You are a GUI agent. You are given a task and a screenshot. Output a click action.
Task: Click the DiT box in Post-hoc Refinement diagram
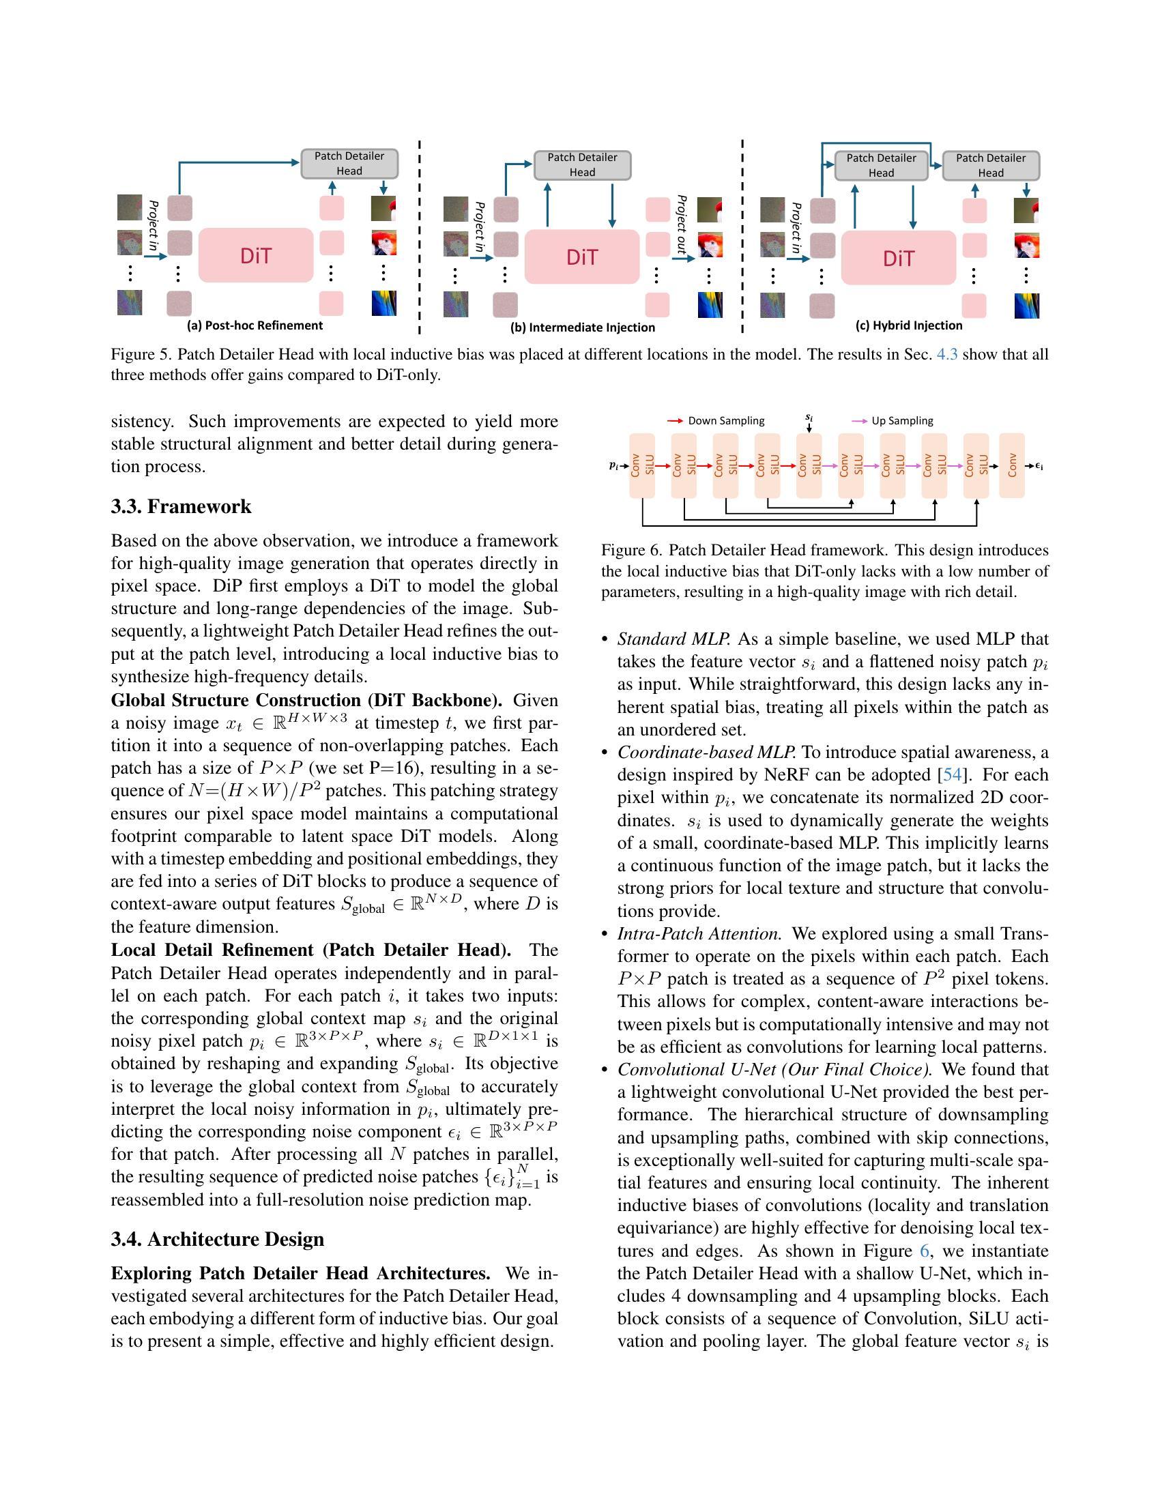point(256,256)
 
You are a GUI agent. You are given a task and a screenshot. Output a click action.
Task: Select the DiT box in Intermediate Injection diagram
point(581,257)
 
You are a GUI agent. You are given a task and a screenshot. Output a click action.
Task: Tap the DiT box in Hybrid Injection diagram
point(898,259)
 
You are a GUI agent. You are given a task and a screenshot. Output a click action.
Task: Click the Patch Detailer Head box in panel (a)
point(349,164)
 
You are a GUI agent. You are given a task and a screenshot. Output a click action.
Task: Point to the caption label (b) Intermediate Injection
point(582,327)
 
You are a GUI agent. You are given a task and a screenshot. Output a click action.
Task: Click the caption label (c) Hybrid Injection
point(908,325)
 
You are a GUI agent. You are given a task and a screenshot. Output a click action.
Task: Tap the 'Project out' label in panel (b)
point(681,224)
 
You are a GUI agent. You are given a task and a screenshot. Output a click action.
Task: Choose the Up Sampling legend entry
point(893,420)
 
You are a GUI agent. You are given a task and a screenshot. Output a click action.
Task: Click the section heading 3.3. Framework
point(181,506)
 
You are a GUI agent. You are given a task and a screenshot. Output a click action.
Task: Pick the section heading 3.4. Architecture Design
point(217,1239)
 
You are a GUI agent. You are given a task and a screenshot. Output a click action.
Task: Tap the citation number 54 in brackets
point(952,774)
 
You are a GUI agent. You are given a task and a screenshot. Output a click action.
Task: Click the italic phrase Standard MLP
point(673,639)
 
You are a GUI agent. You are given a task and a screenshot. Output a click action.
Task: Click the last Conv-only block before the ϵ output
point(1011,465)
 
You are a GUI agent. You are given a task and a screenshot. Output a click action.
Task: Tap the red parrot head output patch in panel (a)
point(383,243)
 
